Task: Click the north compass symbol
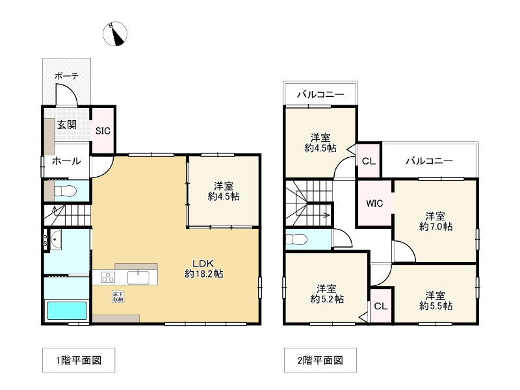click(115, 34)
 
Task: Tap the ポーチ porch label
click(66, 76)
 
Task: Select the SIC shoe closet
click(103, 131)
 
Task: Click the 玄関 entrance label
click(67, 125)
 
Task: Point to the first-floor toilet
click(66, 191)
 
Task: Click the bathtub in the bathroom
click(67, 311)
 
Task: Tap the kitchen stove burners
click(108, 278)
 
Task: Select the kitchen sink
click(138, 278)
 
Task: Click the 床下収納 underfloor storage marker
click(118, 297)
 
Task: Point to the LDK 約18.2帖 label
click(203, 269)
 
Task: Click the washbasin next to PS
click(55, 239)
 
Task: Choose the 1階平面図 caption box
click(79, 360)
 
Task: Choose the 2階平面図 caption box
click(320, 360)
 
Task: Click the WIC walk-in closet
click(375, 203)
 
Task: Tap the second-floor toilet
click(297, 239)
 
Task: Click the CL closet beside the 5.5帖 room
click(381, 305)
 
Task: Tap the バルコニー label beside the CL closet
click(430, 161)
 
